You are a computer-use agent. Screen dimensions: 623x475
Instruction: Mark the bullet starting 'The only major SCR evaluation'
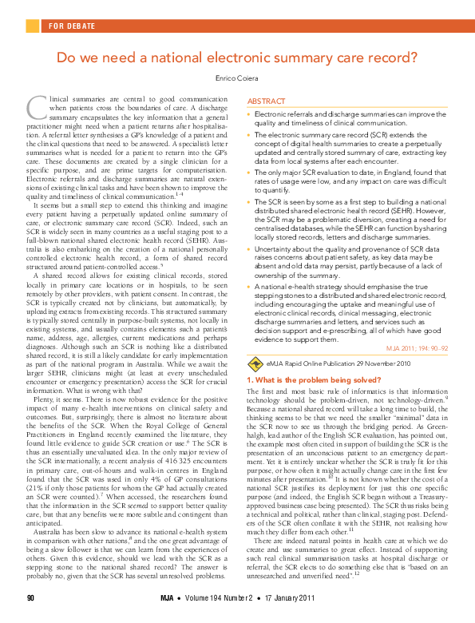click(250, 173)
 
